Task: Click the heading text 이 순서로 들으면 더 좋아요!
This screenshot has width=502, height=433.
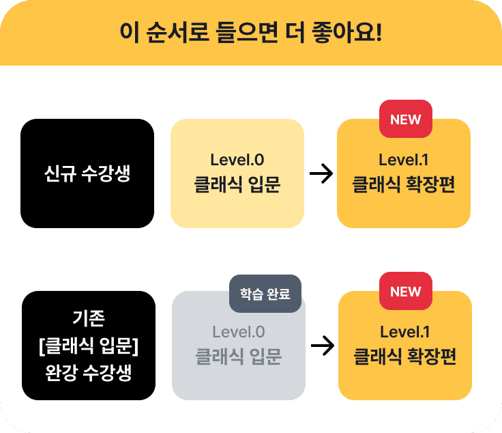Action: point(251,32)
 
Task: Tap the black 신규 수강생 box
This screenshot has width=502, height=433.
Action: point(87,173)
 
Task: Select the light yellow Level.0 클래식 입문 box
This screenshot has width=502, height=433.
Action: point(237,173)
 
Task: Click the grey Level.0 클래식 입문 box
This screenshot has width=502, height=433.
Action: point(239,346)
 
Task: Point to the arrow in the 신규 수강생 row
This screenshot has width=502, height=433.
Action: point(321,173)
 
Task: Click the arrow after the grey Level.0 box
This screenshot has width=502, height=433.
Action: point(323,346)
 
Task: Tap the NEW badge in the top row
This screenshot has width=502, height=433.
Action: point(406,119)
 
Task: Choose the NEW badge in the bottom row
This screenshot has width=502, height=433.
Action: point(406,291)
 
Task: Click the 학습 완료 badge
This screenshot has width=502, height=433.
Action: point(265,294)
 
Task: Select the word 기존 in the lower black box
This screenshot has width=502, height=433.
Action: point(89,318)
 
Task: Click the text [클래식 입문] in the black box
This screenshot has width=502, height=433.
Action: point(89,346)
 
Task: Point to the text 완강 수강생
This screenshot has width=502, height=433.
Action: point(89,373)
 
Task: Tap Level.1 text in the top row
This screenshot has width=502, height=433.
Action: point(403,160)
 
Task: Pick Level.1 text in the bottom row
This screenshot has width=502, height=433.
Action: point(404,332)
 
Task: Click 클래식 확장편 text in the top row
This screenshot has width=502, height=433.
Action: point(403,184)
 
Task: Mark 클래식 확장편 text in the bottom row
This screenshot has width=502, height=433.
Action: point(404,357)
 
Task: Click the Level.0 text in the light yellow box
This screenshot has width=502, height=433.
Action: point(237,160)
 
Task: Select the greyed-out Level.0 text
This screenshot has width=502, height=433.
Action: point(239,332)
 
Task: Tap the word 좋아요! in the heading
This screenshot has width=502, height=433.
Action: point(346,32)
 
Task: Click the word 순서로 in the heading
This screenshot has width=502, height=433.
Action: point(178,32)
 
